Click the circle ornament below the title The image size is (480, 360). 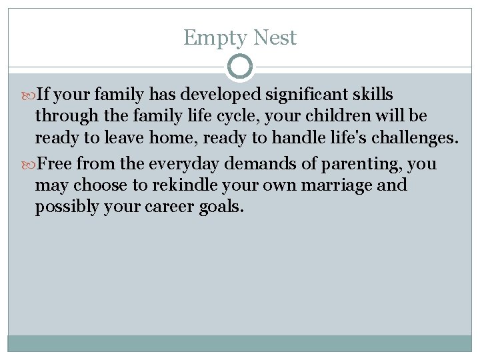[240, 67]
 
